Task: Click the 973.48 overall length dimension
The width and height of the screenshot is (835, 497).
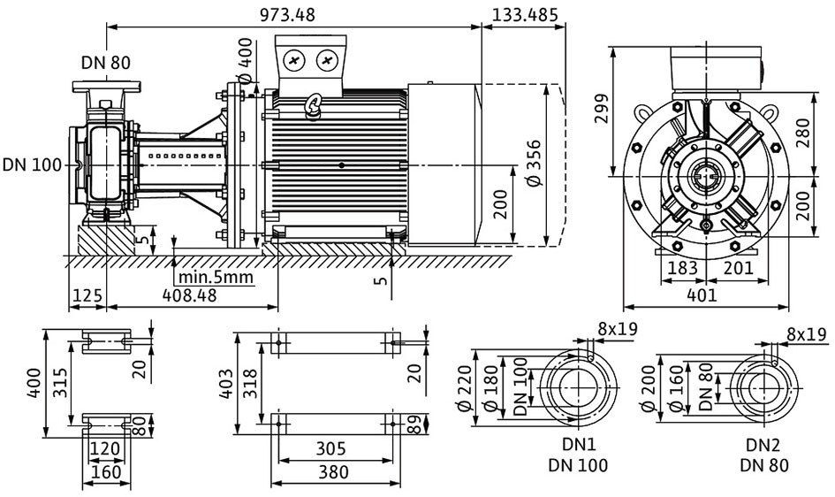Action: click(x=287, y=14)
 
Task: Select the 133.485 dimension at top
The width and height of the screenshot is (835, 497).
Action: click(x=525, y=14)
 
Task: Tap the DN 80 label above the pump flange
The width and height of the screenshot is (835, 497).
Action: click(x=105, y=62)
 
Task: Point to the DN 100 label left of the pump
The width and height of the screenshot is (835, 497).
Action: click(x=32, y=165)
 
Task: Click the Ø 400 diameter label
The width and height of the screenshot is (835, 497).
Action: click(x=245, y=59)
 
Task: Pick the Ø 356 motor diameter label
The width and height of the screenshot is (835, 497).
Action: click(x=533, y=163)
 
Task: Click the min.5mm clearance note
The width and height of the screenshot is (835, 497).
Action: click(x=216, y=277)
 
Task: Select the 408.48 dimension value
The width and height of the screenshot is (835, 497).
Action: click(x=190, y=295)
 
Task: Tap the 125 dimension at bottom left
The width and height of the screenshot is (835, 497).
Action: click(x=87, y=295)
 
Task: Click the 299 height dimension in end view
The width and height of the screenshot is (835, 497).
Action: click(x=601, y=109)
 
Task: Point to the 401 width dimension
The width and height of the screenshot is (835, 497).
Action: click(x=702, y=295)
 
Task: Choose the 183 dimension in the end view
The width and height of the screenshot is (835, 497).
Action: click(x=683, y=267)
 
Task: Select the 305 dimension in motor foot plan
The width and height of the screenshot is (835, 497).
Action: click(x=330, y=448)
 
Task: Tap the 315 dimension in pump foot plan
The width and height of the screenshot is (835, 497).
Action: click(x=60, y=382)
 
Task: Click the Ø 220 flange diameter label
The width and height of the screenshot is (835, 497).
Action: click(x=465, y=388)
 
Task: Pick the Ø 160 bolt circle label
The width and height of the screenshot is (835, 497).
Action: click(x=676, y=388)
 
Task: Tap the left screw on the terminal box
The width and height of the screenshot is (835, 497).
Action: click(x=294, y=61)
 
